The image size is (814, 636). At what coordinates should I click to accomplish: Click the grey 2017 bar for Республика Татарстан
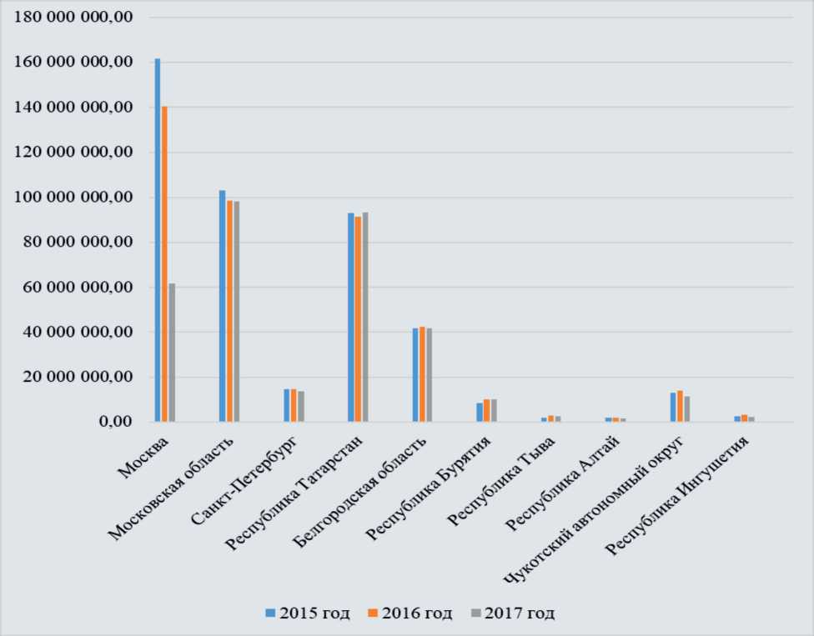point(365,317)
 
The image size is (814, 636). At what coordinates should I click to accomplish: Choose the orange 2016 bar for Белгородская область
point(422,374)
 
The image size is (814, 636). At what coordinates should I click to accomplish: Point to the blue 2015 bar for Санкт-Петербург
point(286,405)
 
